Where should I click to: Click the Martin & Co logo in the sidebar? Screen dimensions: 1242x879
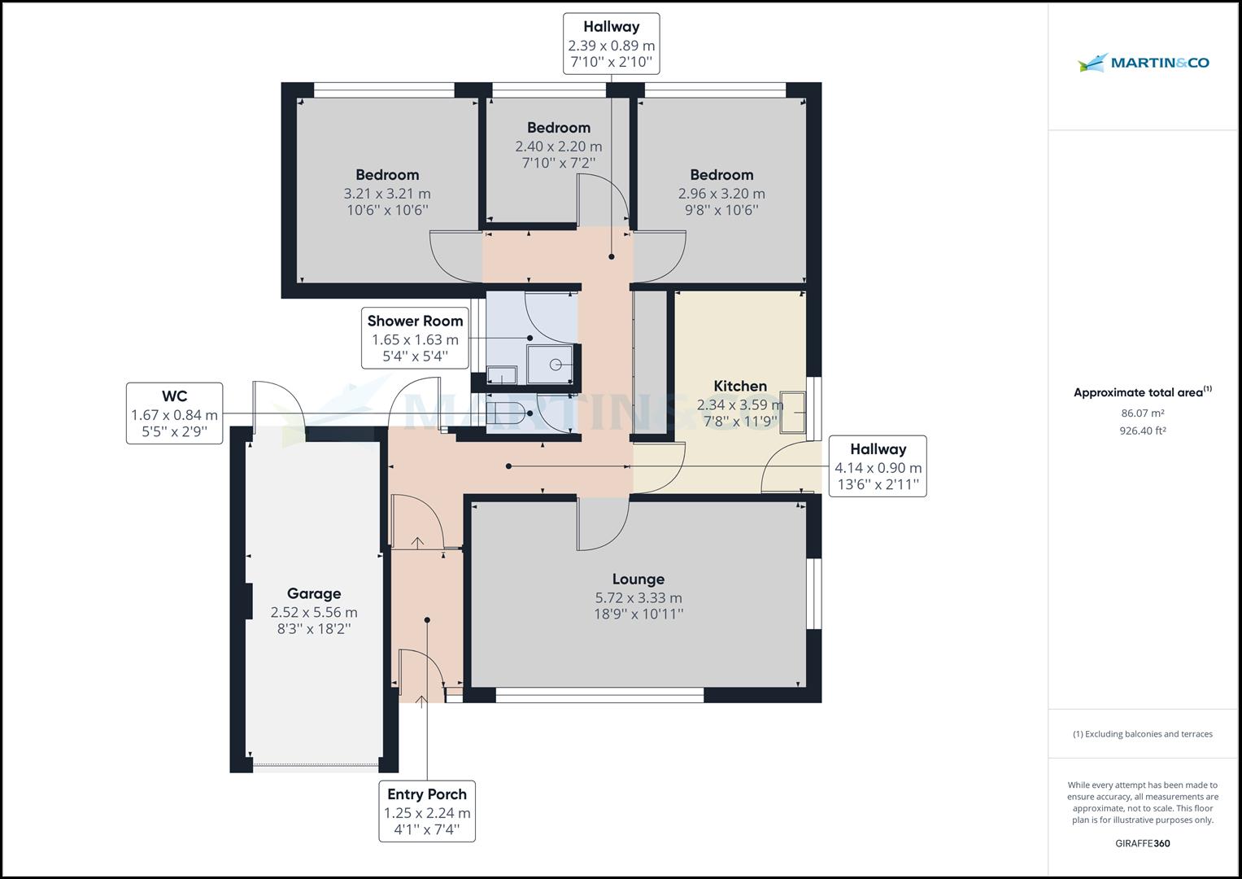[x=1144, y=63]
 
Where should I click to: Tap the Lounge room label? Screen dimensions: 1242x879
[x=638, y=579]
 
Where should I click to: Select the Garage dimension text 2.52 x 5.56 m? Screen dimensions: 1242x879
[x=314, y=612]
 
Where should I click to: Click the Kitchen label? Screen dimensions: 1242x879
[x=740, y=386]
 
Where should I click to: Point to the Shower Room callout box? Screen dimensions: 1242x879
[x=416, y=338]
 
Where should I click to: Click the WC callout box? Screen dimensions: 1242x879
[x=175, y=413]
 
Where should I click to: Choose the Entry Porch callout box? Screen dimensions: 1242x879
[x=427, y=811]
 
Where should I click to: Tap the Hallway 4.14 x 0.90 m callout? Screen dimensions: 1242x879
[x=878, y=466]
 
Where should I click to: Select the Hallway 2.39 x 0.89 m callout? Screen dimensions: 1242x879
[x=612, y=44]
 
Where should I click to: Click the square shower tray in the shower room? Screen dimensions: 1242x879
[x=550, y=364]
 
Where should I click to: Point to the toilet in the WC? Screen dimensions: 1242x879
[x=506, y=413]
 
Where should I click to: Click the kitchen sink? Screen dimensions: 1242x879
[x=793, y=412]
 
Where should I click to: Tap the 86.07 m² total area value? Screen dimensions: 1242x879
[x=1142, y=413]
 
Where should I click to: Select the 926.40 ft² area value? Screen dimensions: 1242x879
[x=1142, y=431]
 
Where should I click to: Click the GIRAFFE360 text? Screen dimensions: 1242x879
[x=1142, y=843]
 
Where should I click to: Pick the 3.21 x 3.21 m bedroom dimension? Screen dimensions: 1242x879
[x=387, y=194]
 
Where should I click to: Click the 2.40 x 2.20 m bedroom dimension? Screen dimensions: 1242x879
[x=558, y=146]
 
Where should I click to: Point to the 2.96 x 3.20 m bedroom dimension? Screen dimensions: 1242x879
[x=721, y=194]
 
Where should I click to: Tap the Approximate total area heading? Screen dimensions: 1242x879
[x=1142, y=391]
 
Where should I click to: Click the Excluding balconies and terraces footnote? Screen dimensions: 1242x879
[x=1142, y=734]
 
